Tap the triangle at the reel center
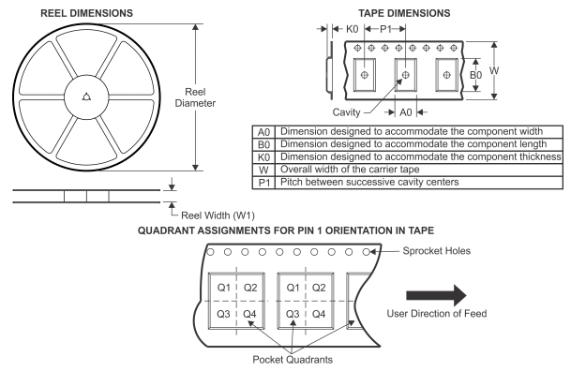click(86, 96)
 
